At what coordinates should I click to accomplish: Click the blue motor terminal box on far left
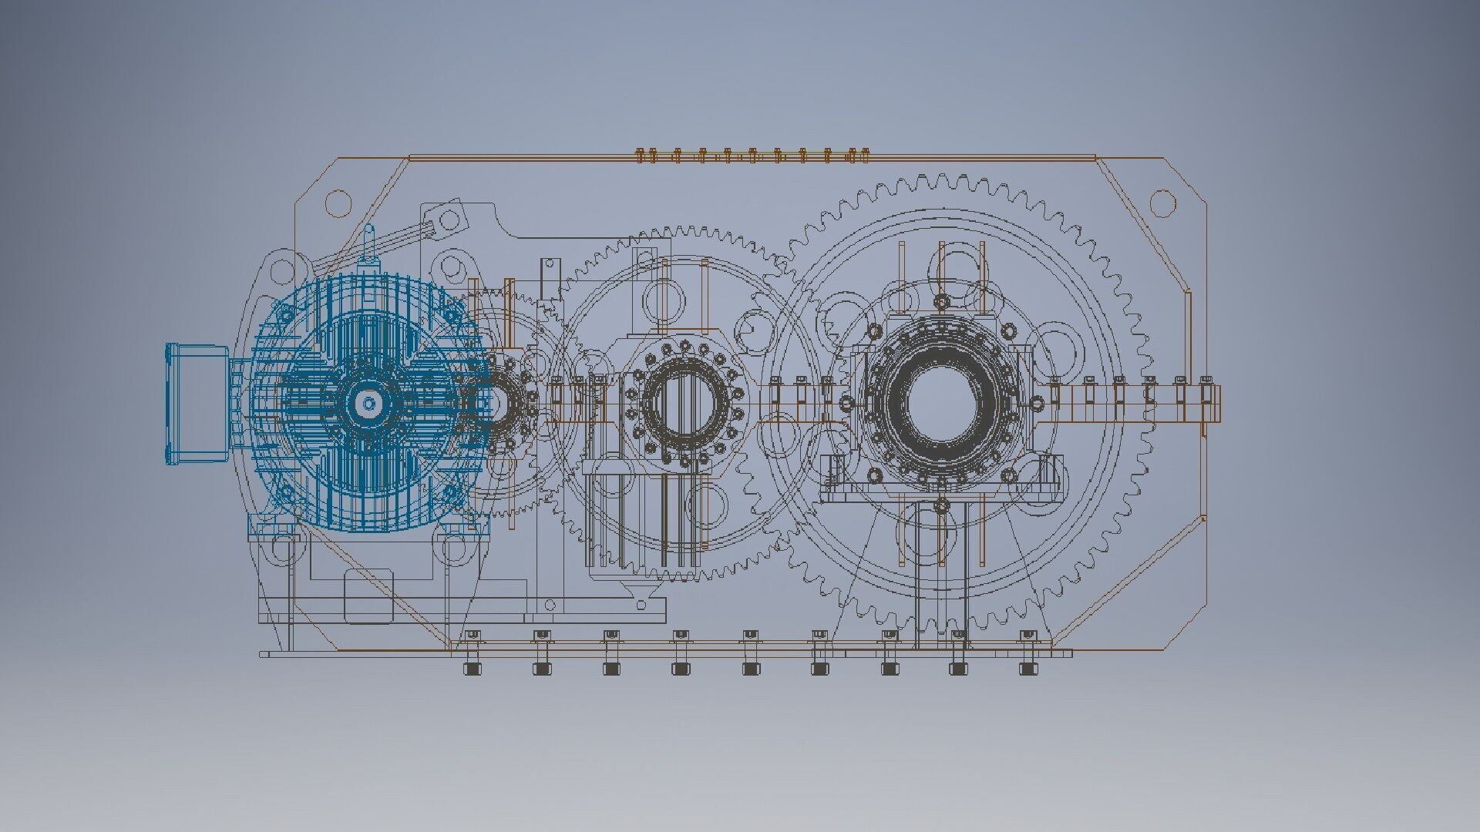[197, 404]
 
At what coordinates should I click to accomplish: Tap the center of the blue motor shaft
[369, 403]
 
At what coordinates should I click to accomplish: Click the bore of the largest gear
[941, 403]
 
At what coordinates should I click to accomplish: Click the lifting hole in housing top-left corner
[338, 203]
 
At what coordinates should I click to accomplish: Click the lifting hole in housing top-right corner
[1163, 203]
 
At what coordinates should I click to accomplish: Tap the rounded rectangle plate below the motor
[368, 596]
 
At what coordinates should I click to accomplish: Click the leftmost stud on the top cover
[641, 156]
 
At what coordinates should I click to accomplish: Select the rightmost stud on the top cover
[865, 156]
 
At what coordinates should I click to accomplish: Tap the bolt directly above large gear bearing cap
[941, 300]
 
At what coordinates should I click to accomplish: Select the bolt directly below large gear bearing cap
[941, 505]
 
